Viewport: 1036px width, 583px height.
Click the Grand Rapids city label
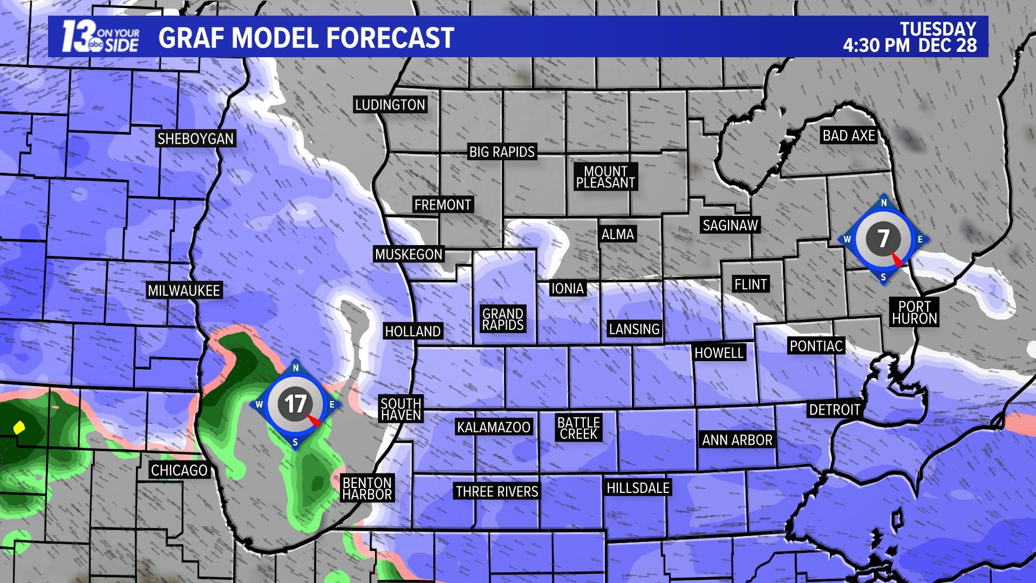503,320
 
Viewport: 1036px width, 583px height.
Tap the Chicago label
179,470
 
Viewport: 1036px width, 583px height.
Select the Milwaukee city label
184,290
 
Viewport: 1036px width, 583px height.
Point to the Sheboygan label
195,139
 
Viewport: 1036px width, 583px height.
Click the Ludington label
390,105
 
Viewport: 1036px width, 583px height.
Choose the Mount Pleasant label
605,177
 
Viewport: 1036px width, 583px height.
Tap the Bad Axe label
848,135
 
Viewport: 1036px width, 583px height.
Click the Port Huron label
915,313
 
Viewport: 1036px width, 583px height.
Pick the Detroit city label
834,410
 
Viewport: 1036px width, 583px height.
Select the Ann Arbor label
737,440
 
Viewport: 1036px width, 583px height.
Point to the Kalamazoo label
494,427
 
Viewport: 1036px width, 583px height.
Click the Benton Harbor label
367,489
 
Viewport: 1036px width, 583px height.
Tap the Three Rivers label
497,491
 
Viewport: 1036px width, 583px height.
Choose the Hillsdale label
638,488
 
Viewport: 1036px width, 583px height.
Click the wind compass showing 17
295,404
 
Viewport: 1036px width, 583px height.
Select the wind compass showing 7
883,239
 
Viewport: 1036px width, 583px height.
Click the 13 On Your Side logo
100,37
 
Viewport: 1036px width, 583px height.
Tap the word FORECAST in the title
390,38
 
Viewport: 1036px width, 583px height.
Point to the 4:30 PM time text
876,45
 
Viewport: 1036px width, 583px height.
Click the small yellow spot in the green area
19,428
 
